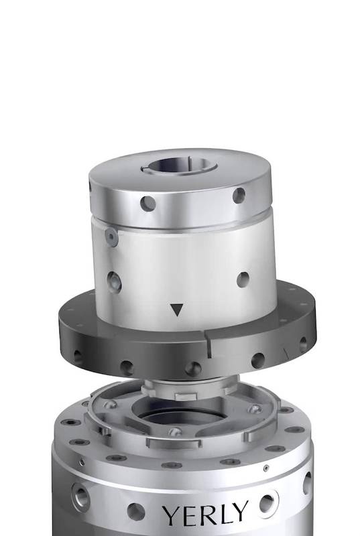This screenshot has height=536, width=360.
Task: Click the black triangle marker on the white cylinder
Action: click(x=177, y=310)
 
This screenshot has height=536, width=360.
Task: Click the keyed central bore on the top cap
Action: click(x=179, y=165)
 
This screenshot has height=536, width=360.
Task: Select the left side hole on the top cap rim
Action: click(x=148, y=204)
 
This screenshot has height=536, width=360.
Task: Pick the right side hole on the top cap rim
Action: click(x=239, y=195)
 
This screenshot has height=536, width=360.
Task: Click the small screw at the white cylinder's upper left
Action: click(x=111, y=237)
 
